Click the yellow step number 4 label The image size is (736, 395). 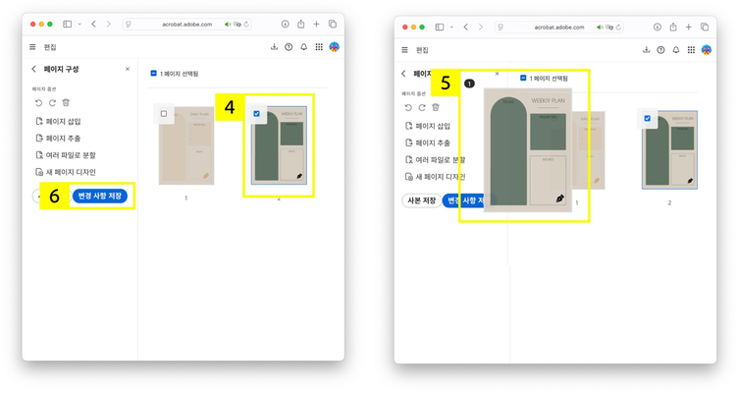(x=230, y=107)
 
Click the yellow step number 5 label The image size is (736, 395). (x=446, y=84)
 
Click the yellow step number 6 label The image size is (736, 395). (x=55, y=196)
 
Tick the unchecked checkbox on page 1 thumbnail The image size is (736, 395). (x=164, y=114)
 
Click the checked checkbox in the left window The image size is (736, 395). (x=257, y=114)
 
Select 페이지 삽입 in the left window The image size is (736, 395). (x=64, y=122)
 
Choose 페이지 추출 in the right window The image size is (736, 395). (x=433, y=143)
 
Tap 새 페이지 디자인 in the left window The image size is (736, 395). (x=70, y=172)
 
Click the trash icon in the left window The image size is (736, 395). (x=66, y=102)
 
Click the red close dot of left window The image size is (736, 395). (x=32, y=24)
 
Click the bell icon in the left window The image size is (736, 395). (x=303, y=47)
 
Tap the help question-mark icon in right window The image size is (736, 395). (x=660, y=50)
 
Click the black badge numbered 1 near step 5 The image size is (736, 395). (x=469, y=84)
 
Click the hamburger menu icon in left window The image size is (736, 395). (x=32, y=47)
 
